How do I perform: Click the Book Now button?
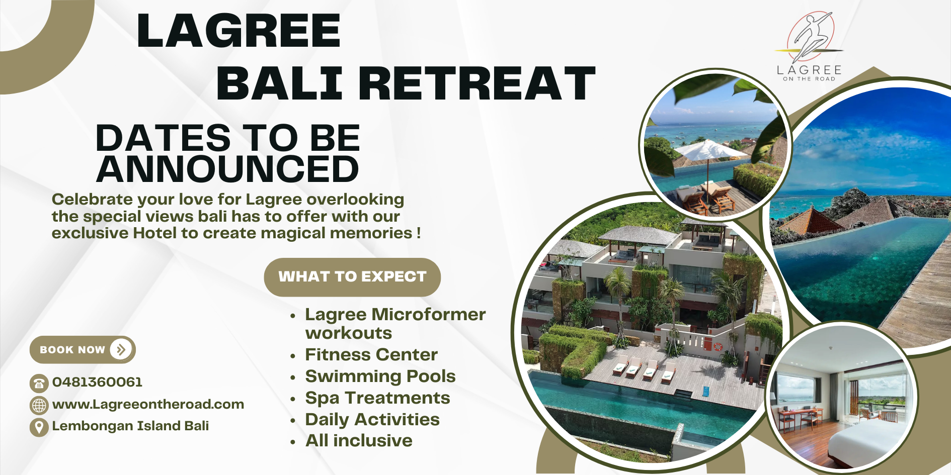click(x=82, y=350)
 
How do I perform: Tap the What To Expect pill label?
click(x=352, y=277)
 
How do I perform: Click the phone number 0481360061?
click(x=97, y=382)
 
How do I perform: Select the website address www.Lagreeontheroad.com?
click(x=148, y=404)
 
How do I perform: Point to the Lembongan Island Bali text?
click(x=130, y=426)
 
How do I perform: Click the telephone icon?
click(x=39, y=384)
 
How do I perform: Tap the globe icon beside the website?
click(x=39, y=405)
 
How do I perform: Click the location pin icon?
click(x=39, y=427)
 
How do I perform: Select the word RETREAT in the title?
click(x=477, y=83)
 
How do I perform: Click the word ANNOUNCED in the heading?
click(x=227, y=169)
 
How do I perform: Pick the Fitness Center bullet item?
click(x=371, y=355)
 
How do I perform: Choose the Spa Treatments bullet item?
click(x=377, y=398)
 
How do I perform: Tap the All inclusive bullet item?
click(x=359, y=441)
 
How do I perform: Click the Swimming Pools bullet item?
click(x=380, y=376)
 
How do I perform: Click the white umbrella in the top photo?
click(x=709, y=150)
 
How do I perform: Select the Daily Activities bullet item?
click(x=372, y=420)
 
